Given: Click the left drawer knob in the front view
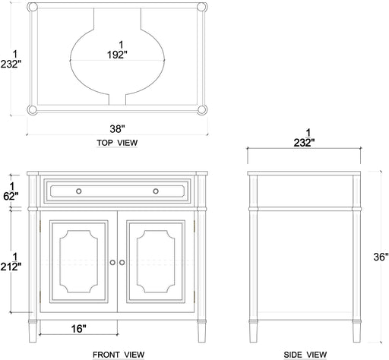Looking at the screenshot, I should (77, 191).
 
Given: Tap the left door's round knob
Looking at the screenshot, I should (112, 262).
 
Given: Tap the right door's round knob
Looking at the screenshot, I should (121, 262).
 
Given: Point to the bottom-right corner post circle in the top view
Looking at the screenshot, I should (201, 108).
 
